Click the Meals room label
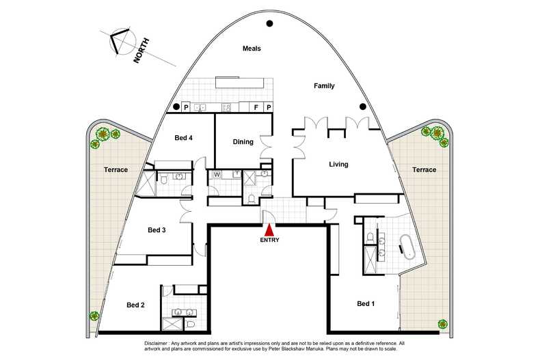pyautogui.click(x=252, y=49)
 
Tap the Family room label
pyautogui.click(x=324, y=86)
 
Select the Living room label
pyautogui.click(x=338, y=165)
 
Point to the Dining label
pyautogui.click(x=243, y=142)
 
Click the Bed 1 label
pyautogui.click(x=366, y=304)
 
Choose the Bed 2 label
pyautogui.click(x=135, y=305)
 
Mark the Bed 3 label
pyautogui.click(x=157, y=230)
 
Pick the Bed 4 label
pyautogui.click(x=183, y=138)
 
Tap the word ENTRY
pyautogui.click(x=269, y=240)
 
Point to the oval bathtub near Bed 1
pyautogui.click(x=407, y=247)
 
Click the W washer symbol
pyautogui.click(x=217, y=174)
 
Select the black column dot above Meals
pyautogui.click(x=270, y=24)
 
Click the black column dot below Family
pyautogui.click(x=362, y=106)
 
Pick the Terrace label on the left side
pyautogui.click(x=116, y=169)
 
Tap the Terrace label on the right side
pyautogui.click(x=424, y=169)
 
